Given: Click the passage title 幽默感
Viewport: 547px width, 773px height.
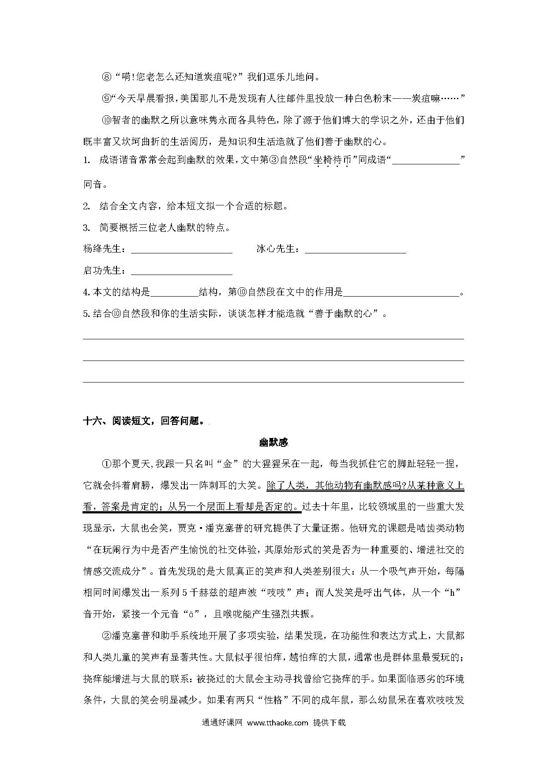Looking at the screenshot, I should (273, 442).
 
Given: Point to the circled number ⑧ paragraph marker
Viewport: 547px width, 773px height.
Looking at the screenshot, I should (107, 77).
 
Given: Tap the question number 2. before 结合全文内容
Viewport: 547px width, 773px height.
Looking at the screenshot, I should (86, 206).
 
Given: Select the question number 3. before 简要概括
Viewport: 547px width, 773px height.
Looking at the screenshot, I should (86, 228).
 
